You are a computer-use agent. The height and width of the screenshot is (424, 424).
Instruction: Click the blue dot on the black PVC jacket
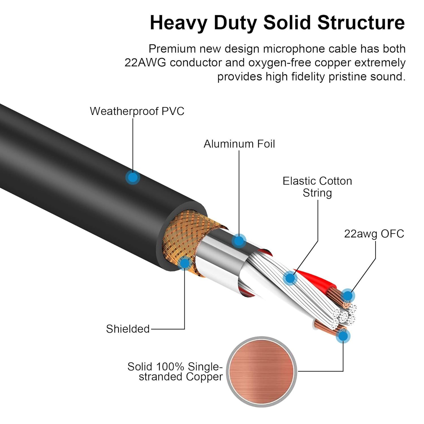pos(133,178)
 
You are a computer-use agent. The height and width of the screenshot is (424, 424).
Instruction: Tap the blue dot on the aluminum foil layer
pos(239,241)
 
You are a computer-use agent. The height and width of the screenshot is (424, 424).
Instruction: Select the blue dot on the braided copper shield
pos(185,263)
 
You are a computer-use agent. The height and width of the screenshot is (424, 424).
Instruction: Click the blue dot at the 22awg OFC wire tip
pos(348,296)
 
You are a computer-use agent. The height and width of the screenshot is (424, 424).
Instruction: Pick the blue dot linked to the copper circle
pos(343,336)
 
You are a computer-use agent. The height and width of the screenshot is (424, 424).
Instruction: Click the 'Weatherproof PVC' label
pos(137,111)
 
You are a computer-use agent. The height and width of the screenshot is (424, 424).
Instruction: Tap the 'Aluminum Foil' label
pos(239,144)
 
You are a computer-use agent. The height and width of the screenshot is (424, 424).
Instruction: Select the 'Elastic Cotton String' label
pos(317,187)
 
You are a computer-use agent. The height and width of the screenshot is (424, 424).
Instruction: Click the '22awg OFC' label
pos(374,234)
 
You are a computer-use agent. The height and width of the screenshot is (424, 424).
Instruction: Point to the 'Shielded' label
pos(128,329)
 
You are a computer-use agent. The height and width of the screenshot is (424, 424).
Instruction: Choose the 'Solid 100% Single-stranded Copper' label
pos(175,372)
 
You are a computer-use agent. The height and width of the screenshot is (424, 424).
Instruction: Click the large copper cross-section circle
pos(262,372)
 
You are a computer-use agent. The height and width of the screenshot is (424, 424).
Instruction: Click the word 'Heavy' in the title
pos(179,23)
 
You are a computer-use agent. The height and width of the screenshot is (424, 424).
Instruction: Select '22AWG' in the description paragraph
pos(145,63)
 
